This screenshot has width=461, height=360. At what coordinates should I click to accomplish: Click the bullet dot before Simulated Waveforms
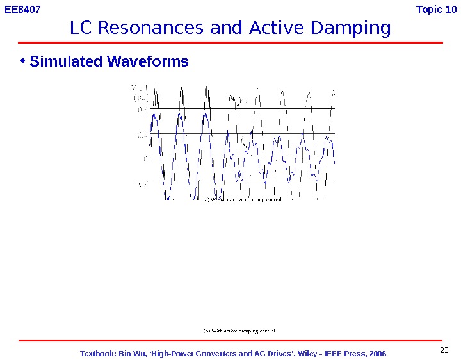coord(22,61)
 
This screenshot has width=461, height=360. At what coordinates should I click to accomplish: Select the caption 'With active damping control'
coord(239,331)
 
